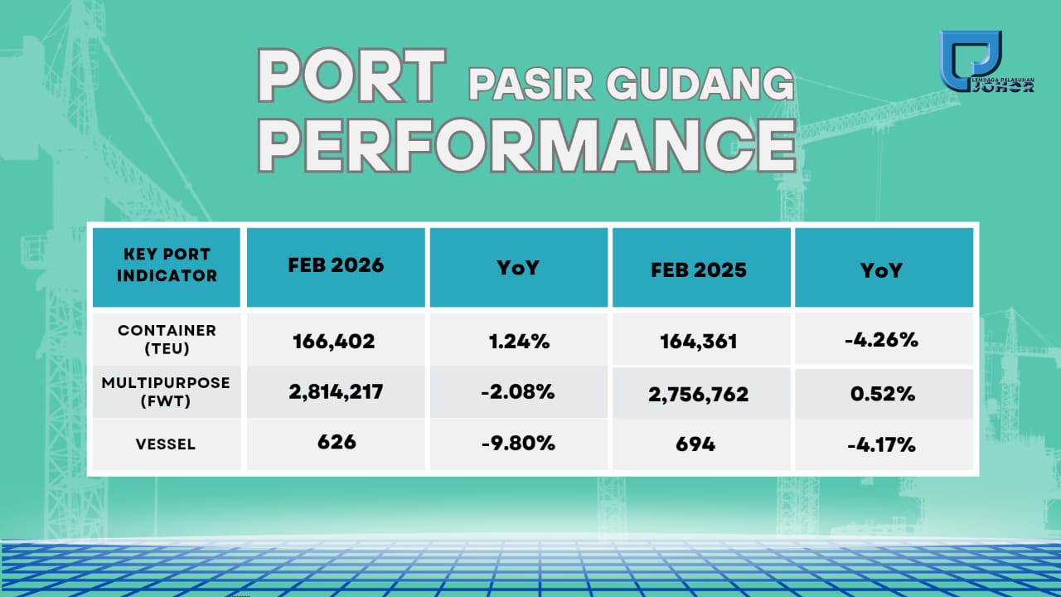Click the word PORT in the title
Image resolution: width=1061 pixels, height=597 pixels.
click(x=351, y=75)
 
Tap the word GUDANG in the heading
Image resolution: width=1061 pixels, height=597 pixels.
click(x=700, y=84)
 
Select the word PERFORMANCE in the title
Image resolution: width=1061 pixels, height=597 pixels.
click(x=526, y=145)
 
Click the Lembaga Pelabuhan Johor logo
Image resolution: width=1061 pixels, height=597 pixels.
click(x=986, y=61)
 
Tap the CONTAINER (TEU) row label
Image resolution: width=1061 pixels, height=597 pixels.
click(x=167, y=339)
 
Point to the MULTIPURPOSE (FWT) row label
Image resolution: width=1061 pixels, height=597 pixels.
click(x=166, y=392)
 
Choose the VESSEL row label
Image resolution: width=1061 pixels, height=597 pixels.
click(x=166, y=444)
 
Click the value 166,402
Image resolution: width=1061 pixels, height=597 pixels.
click(x=334, y=342)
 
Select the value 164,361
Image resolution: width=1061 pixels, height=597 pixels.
click(x=699, y=342)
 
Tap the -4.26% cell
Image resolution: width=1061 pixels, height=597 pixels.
click(x=881, y=340)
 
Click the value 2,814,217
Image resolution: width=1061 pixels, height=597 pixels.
click(x=336, y=392)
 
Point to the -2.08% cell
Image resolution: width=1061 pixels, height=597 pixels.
click(x=518, y=392)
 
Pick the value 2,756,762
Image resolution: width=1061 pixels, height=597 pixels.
click(x=699, y=394)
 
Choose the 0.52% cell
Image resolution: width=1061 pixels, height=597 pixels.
click(x=883, y=394)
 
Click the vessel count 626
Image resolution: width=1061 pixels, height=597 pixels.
click(x=337, y=442)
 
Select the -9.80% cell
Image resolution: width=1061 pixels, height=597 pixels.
click(x=518, y=444)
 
